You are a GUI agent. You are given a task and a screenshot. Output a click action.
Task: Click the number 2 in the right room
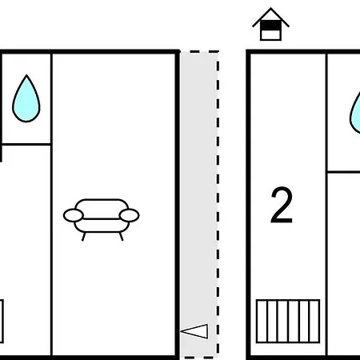pos(282,205)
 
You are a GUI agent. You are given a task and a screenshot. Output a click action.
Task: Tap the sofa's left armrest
pos(74,215)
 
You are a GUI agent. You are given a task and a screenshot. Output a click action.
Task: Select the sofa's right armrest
pos(129,215)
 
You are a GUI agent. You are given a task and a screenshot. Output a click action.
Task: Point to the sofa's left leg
pos(83,237)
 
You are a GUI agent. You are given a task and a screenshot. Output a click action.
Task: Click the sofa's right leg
pos(122,237)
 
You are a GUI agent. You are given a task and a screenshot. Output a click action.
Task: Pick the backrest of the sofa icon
pos(102,209)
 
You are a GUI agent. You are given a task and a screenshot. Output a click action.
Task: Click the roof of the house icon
pos(271,17)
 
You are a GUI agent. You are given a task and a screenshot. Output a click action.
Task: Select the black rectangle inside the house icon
pos(270,26)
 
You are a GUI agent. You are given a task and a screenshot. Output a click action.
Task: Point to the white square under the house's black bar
pos(270,35)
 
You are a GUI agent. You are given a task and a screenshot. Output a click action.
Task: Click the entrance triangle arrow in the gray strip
pos(194,331)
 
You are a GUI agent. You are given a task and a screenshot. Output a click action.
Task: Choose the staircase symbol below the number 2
pos(288,321)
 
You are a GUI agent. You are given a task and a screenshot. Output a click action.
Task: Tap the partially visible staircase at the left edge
pos(2,321)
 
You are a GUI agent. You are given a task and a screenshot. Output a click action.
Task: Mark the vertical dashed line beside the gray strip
pos(218,203)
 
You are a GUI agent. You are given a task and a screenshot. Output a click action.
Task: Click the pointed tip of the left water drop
pos(26,75)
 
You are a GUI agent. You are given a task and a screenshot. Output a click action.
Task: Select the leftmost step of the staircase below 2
pos(262,321)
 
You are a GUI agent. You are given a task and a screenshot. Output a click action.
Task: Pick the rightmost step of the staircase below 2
pos(314,321)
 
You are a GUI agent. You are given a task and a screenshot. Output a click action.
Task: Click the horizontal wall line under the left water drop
pos(26,145)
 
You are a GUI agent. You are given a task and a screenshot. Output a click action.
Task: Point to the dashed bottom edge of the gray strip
pos(199,357)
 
